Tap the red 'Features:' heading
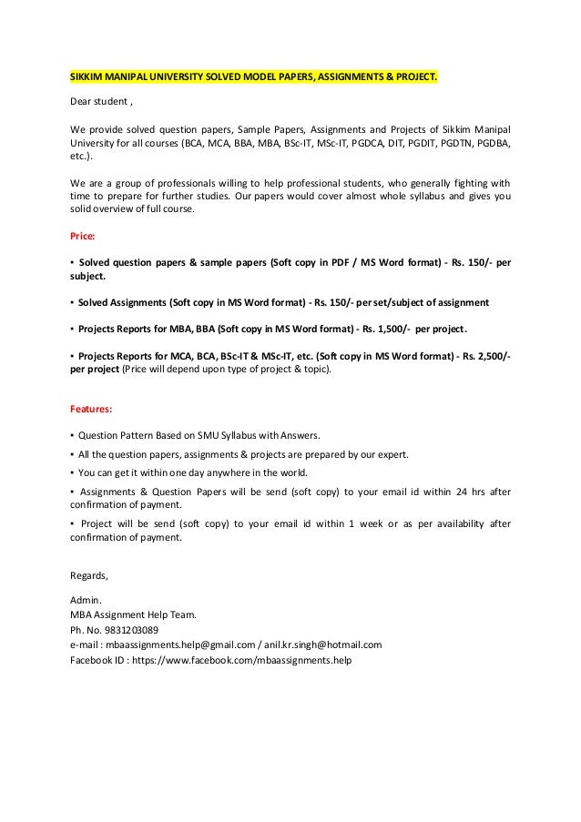[x=91, y=409]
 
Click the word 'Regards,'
[x=89, y=574]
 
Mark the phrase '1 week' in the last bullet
[x=369, y=524]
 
